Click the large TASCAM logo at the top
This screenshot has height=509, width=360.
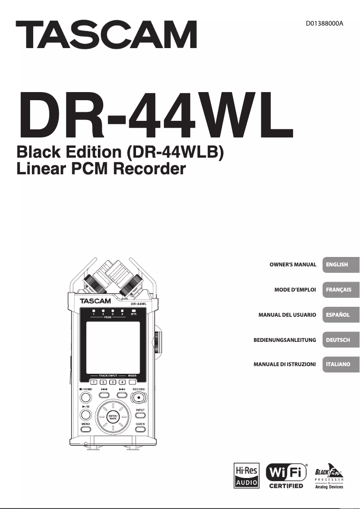click(106, 35)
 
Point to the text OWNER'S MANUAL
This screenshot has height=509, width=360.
click(293, 265)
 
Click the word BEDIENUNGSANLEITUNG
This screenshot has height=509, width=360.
click(285, 340)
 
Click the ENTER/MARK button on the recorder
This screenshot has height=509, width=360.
click(113, 416)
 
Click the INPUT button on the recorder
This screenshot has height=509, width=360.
click(140, 416)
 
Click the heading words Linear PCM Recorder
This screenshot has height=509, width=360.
click(101, 169)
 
